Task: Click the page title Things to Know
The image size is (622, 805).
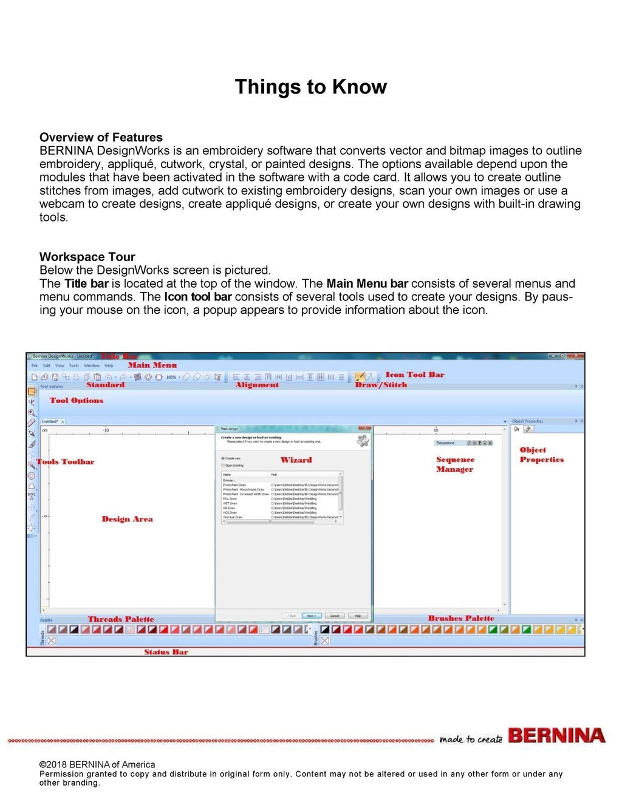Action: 310,87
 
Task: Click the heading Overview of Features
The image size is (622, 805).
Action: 101,137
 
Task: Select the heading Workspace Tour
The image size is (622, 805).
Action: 87,257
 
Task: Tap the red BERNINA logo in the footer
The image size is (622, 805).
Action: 556,736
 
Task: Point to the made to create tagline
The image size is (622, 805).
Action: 471,739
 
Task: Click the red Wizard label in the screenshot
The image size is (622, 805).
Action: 296,460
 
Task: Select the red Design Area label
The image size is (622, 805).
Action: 127,519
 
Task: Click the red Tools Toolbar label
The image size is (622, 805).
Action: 66,462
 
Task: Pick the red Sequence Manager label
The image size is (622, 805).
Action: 455,464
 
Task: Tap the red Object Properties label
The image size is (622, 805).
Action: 541,455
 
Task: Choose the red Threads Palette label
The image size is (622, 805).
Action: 121,619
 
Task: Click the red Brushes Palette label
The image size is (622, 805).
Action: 460,619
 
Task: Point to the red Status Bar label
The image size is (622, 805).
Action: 166,652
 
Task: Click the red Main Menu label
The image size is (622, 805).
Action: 152,365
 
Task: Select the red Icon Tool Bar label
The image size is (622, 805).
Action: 414,375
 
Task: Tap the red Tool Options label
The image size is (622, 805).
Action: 77,401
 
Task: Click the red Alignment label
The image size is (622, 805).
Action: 257,385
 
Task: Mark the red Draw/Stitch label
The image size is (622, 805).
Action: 381,385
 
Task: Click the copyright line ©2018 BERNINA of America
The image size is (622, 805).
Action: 97,764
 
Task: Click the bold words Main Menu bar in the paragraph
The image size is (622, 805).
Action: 367,284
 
